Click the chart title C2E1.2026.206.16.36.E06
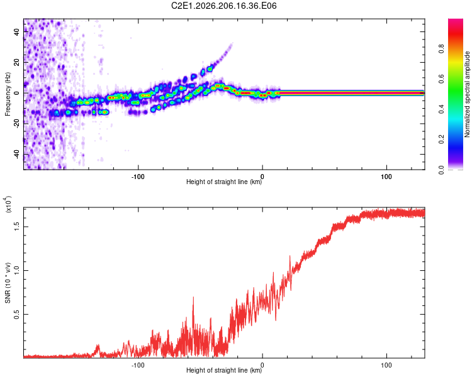[223, 6]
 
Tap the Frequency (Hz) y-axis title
[8, 94]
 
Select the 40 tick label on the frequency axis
[16, 32]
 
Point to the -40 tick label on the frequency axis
[16, 155]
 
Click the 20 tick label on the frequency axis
[16, 63]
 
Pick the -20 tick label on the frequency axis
[16, 124]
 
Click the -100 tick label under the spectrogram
[138, 177]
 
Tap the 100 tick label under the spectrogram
[386, 177]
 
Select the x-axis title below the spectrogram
[224, 182]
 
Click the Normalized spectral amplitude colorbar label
[467, 94]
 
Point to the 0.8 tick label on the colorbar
[441, 49]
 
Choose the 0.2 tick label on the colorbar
[441, 139]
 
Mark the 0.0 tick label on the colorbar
[441, 170]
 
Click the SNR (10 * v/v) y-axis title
[8, 283]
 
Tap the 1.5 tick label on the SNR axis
[16, 227]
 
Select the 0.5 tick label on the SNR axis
[16, 314]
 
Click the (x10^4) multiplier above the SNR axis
[8, 204]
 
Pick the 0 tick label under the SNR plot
[262, 365]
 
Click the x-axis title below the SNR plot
[224, 370]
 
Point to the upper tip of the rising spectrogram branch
[232, 44]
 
